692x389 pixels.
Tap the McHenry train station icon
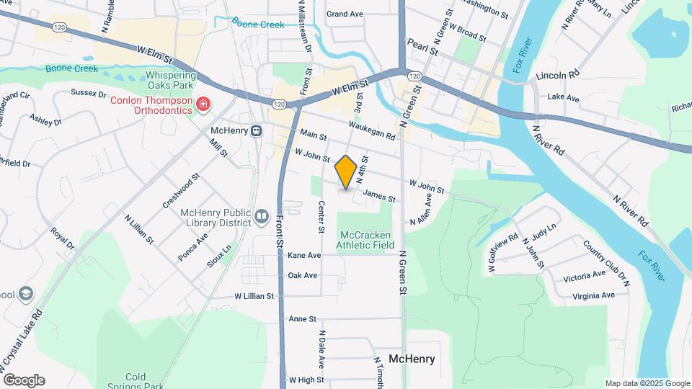click(x=256, y=131)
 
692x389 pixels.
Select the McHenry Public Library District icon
click(x=262, y=215)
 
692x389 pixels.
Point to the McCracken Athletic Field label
click(x=365, y=240)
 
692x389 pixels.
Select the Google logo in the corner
click(x=24, y=380)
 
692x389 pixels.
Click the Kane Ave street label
click(x=303, y=256)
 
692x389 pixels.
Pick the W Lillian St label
click(x=254, y=296)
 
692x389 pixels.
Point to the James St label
click(x=379, y=195)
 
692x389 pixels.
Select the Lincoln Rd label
click(x=558, y=75)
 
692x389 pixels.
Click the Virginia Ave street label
click(x=593, y=295)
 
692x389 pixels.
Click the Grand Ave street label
click(x=345, y=14)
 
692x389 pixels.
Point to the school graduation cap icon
click(x=27, y=294)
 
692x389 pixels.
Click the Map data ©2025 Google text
click(x=646, y=383)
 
